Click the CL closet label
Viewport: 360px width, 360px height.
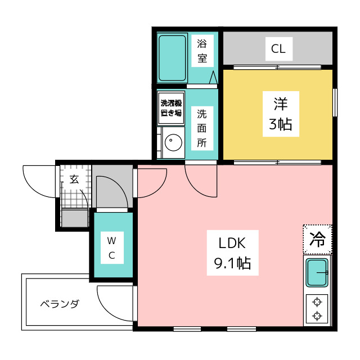[x=279, y=49]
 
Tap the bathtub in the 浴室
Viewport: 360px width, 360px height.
[x=172, y=58]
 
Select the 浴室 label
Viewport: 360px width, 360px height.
[x=202, y=51]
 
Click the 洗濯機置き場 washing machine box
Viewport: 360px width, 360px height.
[x=171, y=109]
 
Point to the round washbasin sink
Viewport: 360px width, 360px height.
[x=173, y=142]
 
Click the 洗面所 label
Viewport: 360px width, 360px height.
[x=202, y=128]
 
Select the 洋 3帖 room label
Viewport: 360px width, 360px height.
[x=281, y=114]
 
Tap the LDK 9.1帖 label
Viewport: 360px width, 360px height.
[x=232, y=253]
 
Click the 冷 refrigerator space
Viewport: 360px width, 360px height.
[x=317, y=239]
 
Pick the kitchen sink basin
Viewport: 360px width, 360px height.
[x=317, y=272]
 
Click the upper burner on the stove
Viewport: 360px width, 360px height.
[x=317, y=302]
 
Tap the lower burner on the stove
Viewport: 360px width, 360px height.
[x=317, y=316]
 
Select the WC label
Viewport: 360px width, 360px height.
[x=112, y=247]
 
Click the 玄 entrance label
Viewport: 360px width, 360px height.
[x=74, y=179]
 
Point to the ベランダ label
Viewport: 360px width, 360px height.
[x=60, y=304]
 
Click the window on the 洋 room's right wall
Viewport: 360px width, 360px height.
[x=335, y=102]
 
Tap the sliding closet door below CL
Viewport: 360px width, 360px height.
[x=277, y=67]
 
